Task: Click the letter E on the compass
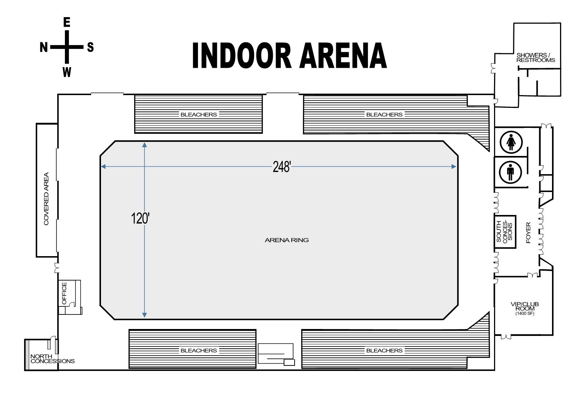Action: (67, 23)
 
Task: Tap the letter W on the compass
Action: (67, 72)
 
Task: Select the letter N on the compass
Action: (44, 47)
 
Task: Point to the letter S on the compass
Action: (90, 47)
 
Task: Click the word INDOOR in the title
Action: (241, 56)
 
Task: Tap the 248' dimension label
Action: (281, 167)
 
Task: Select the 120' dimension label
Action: (140, 218)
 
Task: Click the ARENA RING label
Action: (287, 240)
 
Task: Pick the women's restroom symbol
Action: (511, 142)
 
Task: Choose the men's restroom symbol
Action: (510, 172)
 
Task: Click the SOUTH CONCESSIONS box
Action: (505, 232)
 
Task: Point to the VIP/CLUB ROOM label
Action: (525, 306)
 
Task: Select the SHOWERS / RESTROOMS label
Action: (536, 58)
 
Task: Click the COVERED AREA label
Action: (46, 199)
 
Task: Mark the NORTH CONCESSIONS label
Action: (52, 359)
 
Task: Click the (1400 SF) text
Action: (525, 314)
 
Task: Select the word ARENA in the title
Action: (343, 56)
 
